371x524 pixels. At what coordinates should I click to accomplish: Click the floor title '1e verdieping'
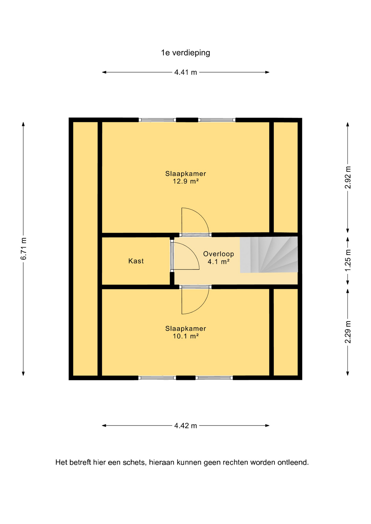coord(185,53)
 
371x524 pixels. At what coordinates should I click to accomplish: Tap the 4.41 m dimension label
coord(185,72)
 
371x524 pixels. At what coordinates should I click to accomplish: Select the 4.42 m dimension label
coord(185,426)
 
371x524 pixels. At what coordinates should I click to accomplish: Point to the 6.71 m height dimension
coord(23,249)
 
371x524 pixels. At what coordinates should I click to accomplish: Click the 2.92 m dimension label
coord(348,177)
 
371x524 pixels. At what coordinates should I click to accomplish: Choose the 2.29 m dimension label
coord(348,332)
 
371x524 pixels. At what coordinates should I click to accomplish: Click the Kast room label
coord(136,261)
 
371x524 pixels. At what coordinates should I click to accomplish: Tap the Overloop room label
coord(219,254)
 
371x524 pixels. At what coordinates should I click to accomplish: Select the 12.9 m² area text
coord(185,181)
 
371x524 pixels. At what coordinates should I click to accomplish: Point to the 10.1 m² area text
coord(185,336)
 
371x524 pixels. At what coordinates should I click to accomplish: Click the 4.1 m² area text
coord(219,262)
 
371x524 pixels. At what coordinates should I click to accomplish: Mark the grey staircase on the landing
coord(269,255)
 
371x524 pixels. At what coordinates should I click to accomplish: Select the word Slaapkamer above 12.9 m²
coord(185,174)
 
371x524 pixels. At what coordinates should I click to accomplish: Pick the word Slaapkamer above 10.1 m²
coord(185,329)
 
